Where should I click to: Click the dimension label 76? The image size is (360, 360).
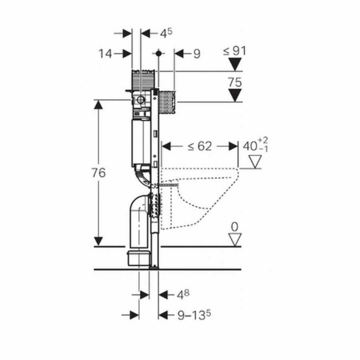[98, 173]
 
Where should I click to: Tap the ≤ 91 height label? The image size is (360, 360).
[235, 51]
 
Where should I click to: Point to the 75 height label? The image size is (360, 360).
[235, 82]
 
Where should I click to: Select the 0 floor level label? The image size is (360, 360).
[234, 227]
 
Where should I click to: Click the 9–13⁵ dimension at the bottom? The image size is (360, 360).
[194, 316]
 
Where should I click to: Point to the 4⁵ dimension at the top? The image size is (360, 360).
[166, 34]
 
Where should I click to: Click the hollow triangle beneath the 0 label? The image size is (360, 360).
[234, 239]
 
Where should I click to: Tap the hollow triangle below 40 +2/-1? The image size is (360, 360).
[254, 162]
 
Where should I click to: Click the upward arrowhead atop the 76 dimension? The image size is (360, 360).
[98, 105]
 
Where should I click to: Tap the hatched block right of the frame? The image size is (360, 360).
[167, 102]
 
